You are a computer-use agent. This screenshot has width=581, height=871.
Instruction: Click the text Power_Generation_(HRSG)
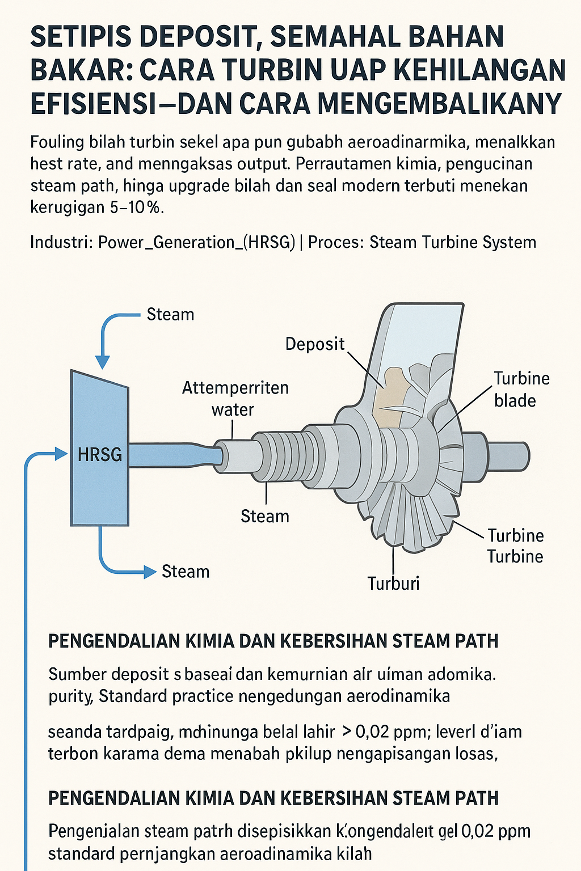196,242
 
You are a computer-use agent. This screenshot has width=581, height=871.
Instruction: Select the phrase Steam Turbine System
453,242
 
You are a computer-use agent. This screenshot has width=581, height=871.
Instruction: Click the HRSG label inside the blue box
100,454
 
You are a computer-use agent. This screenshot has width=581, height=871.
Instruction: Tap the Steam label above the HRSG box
170,314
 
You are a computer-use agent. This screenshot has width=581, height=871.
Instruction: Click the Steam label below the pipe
264,516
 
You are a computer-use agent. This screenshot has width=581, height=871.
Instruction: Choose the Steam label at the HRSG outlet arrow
186,571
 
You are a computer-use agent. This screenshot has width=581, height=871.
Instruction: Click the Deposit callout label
315,344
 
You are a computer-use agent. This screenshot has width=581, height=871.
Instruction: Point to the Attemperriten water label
235,399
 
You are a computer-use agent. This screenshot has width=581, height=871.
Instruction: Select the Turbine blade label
521,389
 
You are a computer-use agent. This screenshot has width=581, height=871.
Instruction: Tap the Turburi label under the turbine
393,583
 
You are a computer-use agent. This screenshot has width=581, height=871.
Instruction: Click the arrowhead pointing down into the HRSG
102,362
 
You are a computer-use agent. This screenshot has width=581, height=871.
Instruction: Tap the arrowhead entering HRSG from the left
61,453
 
